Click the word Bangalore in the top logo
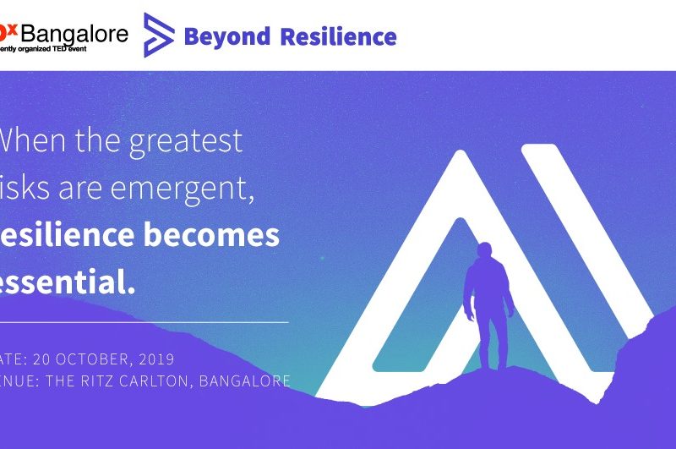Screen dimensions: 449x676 [74, 34]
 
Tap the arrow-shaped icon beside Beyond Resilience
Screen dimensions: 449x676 [159, 35]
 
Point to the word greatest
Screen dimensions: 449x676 [186, 141]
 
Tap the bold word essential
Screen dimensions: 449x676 [68, 283]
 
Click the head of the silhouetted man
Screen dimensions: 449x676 [483, 251]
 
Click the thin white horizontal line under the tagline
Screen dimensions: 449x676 [144, 322]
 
